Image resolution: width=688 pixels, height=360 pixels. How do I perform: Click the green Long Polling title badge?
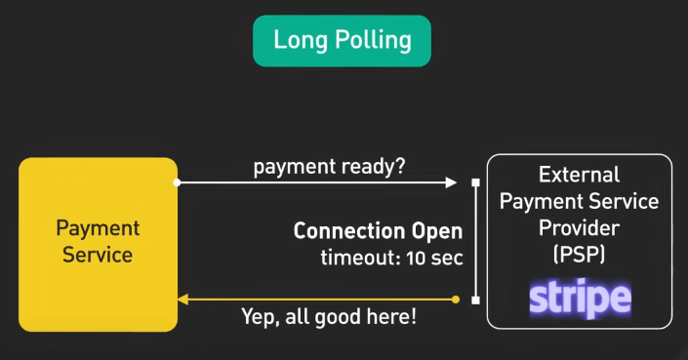click(x=342, y=41)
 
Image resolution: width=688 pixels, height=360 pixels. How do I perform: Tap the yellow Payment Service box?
click(x=98, y=244)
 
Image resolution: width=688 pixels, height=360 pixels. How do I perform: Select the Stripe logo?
click(x=580, y=299)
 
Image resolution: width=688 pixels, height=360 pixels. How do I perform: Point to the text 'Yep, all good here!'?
click(x=329, y=317)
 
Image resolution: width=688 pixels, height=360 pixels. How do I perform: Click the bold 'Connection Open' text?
click(x=378, y=232)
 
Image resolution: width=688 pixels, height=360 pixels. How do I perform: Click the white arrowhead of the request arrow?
click(x=451, y=182)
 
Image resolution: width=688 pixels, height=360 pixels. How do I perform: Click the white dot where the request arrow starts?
click(x=177, y=182)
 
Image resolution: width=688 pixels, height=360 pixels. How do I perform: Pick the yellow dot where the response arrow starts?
click(x=456, y=300)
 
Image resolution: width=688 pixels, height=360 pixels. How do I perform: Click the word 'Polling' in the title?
click(x=376, y=41)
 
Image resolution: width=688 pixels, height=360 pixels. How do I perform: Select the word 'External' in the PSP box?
click(x=580, y=176)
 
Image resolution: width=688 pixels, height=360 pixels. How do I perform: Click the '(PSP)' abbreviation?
click(x=580, y=255)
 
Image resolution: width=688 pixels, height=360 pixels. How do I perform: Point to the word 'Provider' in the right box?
click(x=580, y=228)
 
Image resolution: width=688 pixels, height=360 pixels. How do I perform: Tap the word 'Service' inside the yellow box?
click(x=98, y=256)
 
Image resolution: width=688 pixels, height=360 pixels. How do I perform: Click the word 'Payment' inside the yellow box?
click(x=98, y=229)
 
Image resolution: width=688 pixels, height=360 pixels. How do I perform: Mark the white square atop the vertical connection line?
click(x=475, y=182)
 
